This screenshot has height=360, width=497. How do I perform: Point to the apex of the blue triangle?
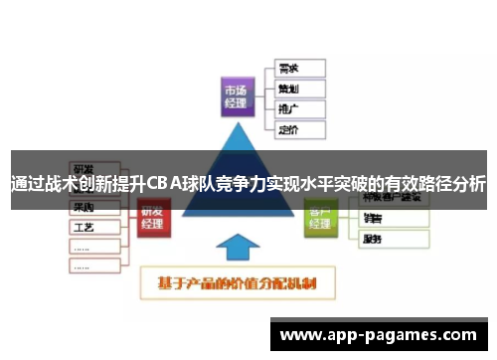tap(238, 124)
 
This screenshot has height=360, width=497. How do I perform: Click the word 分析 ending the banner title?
tap(472, 185)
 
